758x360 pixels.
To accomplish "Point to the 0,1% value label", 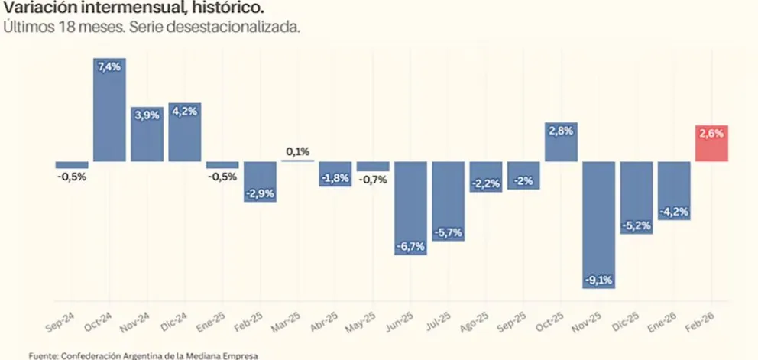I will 298,152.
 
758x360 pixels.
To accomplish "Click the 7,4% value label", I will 109,66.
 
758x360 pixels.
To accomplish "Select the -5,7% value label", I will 448,233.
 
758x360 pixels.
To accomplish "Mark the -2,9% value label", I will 260,193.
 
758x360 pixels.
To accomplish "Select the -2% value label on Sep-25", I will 523,180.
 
